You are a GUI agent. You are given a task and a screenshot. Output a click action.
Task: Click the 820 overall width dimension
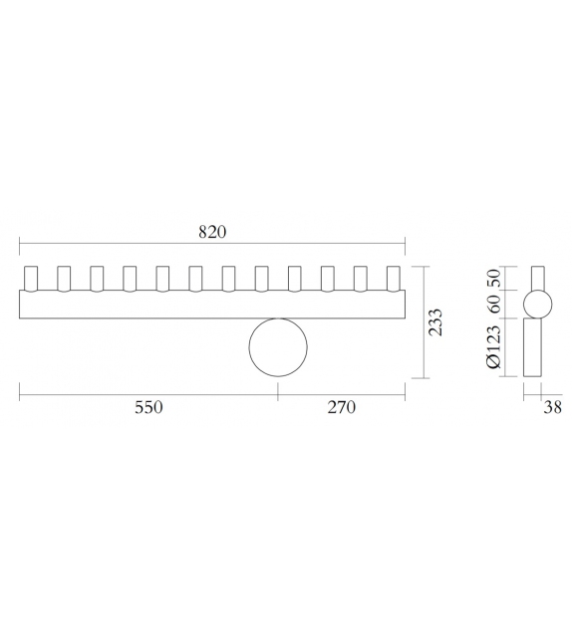(212, 232)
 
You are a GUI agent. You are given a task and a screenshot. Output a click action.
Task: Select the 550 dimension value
(147, 407)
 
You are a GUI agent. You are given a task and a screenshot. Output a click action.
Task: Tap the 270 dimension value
(341, 407)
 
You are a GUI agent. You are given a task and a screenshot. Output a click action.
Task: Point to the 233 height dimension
(435, 322)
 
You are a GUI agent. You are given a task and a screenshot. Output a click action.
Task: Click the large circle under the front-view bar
(278, 348)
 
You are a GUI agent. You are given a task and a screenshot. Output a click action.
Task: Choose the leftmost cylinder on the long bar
(30, 279)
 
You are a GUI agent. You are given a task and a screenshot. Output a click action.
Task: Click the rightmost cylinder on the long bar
(394, 279)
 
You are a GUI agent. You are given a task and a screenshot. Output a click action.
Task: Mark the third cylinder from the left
(97, 279)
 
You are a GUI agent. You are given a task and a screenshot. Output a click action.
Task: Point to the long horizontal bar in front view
(212, 306)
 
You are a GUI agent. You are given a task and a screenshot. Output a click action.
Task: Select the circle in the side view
(538, 303)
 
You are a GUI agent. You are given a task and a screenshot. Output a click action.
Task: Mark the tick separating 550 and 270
(278, 395)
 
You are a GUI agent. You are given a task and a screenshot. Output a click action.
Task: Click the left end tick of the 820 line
(20, 243)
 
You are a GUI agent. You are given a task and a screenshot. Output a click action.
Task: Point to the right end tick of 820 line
(406, 243)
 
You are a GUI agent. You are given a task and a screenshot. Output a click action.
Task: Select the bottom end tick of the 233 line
(426, 379)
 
